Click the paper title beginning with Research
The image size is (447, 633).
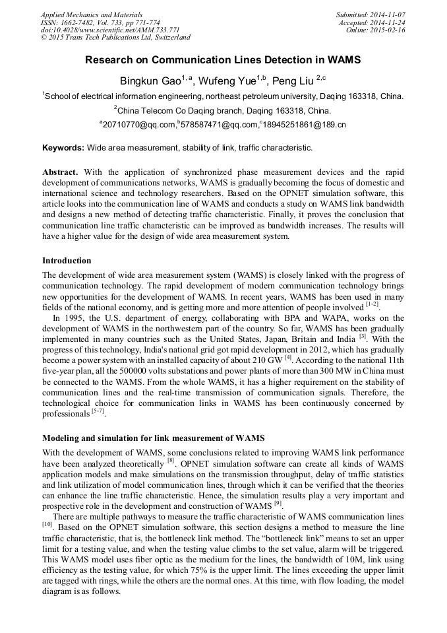pos(223,60)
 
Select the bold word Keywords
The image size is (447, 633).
pos(63,148)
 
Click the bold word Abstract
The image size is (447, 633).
pos(60,172)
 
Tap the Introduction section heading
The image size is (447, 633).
pos(67,261)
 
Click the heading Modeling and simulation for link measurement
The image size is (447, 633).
pos(153,438)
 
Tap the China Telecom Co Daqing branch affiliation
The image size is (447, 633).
pos(223,110)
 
